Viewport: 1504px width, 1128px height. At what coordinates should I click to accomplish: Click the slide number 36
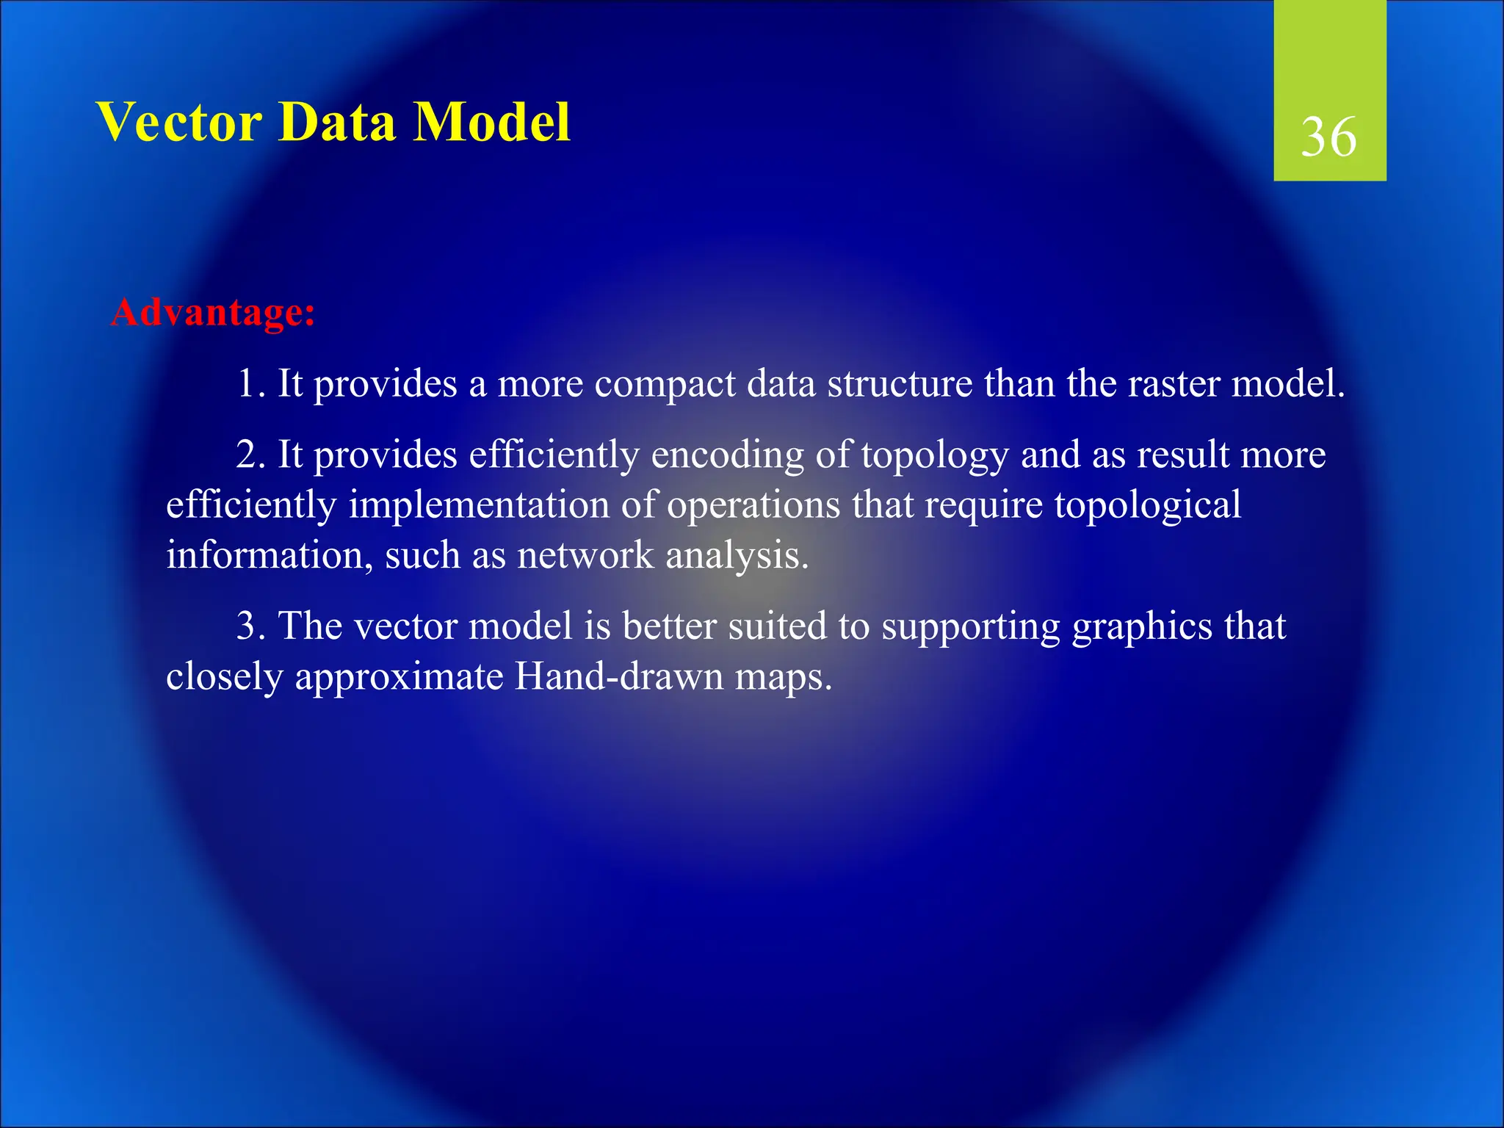click(x=1328, y=137)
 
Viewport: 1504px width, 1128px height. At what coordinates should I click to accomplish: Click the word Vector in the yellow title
click(x=179, y=122)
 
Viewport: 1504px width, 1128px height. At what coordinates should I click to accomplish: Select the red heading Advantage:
click(x=213, y=313)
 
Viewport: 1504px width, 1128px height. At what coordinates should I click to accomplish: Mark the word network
click(x=585, y=556)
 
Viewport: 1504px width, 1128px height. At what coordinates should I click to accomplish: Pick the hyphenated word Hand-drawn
click(x=619, y=676)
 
